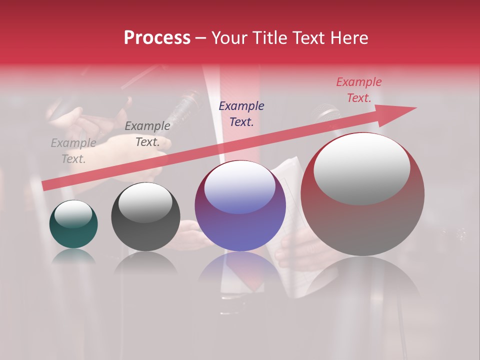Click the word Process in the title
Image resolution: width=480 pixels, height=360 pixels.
(x=157, y=38)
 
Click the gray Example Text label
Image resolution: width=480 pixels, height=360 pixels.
(x=73, y=151)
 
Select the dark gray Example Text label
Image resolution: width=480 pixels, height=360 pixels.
(x=147, y=134)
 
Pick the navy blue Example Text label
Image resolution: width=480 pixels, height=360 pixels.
(x=241, y=113)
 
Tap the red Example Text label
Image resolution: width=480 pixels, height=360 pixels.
(x=358, y=90)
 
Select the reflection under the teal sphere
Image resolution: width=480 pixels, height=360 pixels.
(x=73, y=256)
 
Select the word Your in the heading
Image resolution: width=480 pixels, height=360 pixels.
(x=229, y=38)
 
